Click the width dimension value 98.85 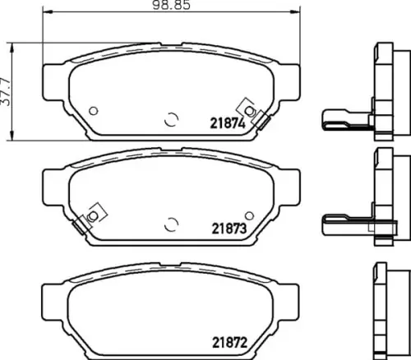point(171,5)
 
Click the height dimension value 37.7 point(6,92)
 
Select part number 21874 point(228,123)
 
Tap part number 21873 point(229,228)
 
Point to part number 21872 point(229,342)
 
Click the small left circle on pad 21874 point(94,111)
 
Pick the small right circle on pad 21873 point(249,215)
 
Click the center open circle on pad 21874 point(172,119)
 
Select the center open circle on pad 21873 point(172,224)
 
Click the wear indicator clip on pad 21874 point(254,113)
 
